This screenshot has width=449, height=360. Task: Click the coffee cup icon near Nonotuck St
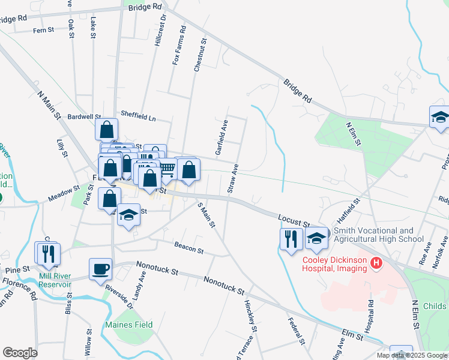pyautogui.click(x=100, y=268)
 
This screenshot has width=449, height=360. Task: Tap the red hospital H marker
pyautogui.click(x=376, y=263)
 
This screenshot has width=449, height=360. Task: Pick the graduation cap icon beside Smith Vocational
pyautogui.click(x=316, y=238)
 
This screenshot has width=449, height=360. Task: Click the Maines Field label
pyautogui.click(x=129, y=325)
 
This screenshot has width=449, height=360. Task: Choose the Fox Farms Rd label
pyautogui.click(x=179, y=46)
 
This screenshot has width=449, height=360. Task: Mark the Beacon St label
pyautogui.click(x=188, y=246)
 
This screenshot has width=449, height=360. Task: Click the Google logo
pyautogui.click(x=20, y=353)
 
